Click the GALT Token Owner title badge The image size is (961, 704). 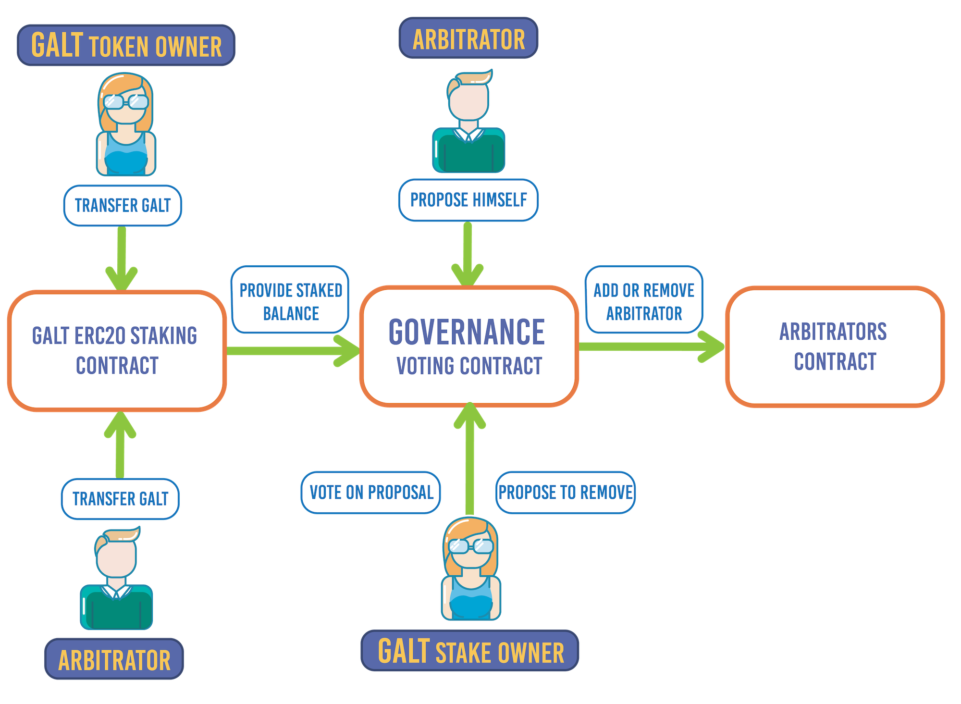[x=126, y=45]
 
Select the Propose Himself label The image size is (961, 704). [x=468, y=200]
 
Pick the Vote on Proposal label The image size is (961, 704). [x=371, y=493]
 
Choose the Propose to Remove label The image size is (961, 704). [x=565, y=493]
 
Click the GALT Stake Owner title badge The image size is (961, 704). [x=470, y=651]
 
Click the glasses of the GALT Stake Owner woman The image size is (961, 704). [x=471, y=546]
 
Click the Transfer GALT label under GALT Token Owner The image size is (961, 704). [x=123, y=206]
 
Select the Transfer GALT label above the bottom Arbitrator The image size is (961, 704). [x=120, y=499]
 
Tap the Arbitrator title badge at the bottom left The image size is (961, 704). [x=114, y=659]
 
